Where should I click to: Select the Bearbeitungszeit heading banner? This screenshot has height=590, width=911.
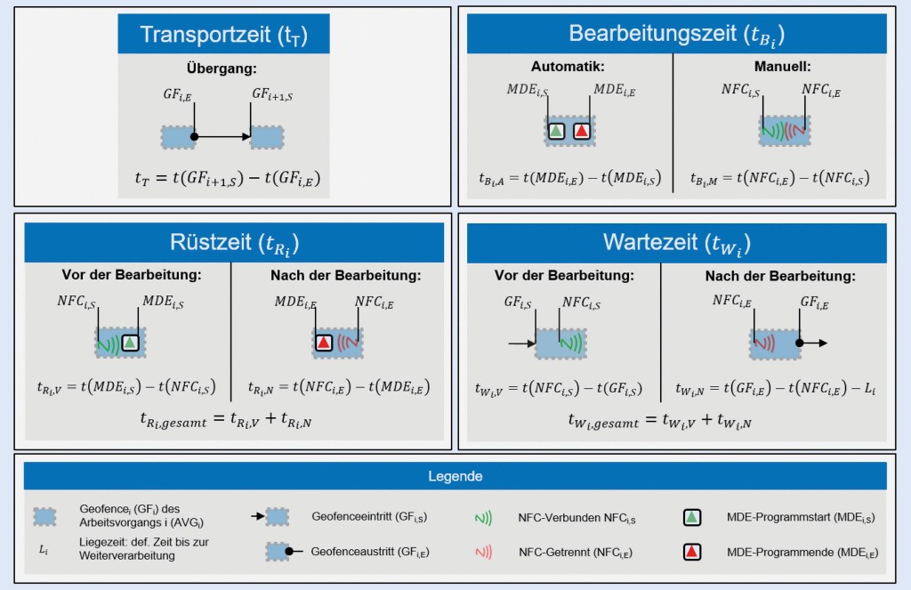pyautogui.click(x=676, y=34)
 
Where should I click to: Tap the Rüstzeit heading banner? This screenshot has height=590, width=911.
pyautogui.click(x=234, y=242)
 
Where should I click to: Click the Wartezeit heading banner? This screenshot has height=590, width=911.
pyautogui.click(x=676, y=242)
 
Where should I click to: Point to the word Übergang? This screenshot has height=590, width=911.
pyautogui.click(x=222, y=67)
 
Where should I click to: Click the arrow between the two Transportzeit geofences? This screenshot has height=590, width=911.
pyautogui.click(x=222, y=137)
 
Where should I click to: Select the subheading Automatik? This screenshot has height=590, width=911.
pyautogui.click(x=568, y=66)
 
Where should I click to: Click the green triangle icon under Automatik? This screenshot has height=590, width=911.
pyautogui.click(x=557, y=131)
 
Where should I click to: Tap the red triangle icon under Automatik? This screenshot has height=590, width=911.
pyautogui.click(x=581, y=131)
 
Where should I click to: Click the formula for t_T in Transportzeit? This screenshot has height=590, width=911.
pyautogui.click(x=222, y=181)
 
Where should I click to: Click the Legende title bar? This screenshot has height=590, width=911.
pyautogui.click(x=455, y=476)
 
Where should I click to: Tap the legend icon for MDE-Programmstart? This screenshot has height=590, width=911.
pyautogui.click(x=692, y=516)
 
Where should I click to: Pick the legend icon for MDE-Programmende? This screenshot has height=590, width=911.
pyautogui.click(x=692, y=552)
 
